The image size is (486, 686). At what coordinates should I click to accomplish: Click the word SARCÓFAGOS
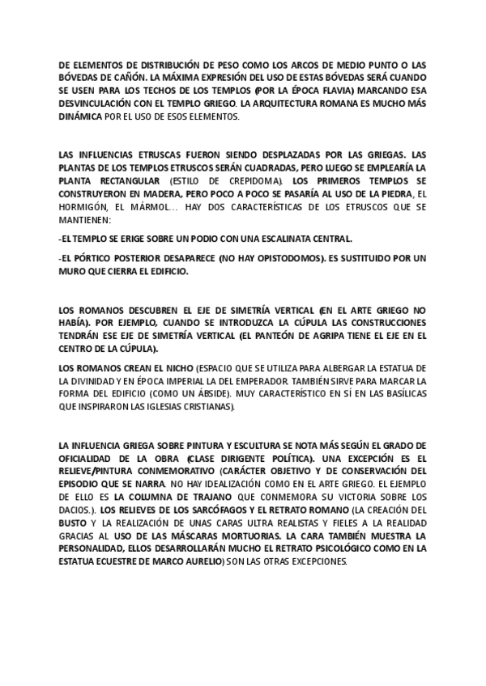click(207, 510)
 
